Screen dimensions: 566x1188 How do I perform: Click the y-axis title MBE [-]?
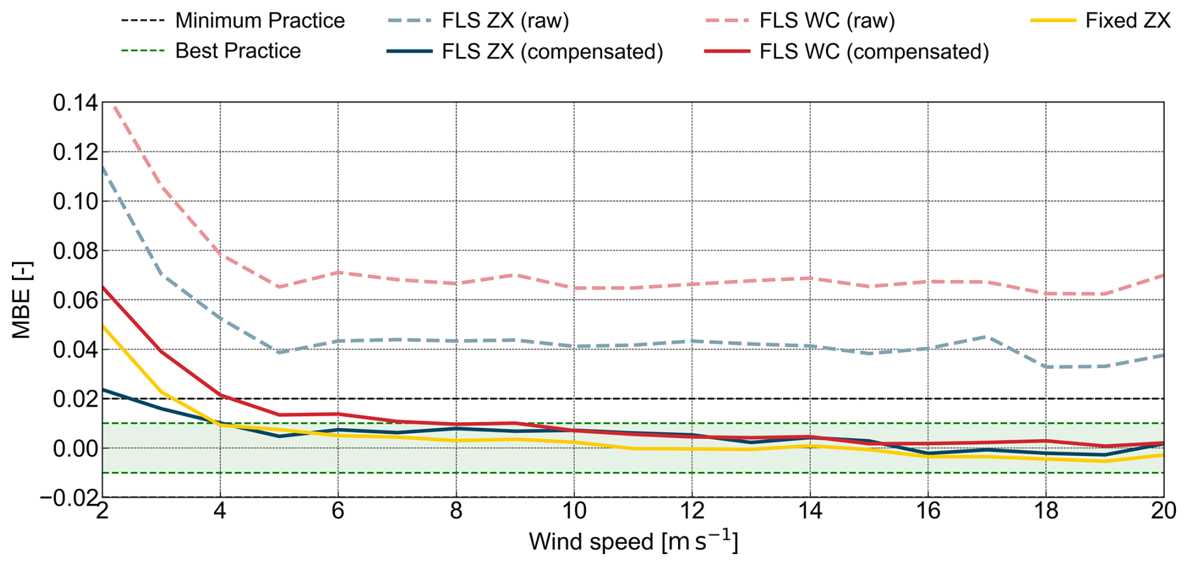pyautogui.click(x=21, y=300)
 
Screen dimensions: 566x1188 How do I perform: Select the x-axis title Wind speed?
pyautogui.click(x=633, y=542)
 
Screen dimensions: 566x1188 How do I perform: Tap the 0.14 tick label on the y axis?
pyautogui.click(x=75, y=103)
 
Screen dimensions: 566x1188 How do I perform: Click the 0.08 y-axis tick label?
pyautogui.click(x=75, y=251)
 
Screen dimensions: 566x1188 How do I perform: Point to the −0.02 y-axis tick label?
pyautogui.click(x=70, y=498)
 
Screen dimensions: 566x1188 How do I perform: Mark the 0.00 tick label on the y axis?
pyautogui.click(x=75, y=448)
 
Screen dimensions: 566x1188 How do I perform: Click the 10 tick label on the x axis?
pyautogui.click(x=574, y=511)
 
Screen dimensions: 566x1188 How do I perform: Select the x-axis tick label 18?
pyautogui.click(x=1046, y=511)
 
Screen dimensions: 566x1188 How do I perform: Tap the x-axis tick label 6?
pyautogui.click(x=338, y=511)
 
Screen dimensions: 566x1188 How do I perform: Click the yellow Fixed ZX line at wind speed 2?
pyautogui.click(x=103, y=326)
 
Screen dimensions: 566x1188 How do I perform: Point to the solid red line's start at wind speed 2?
pyautogui.click(x=103, y=287)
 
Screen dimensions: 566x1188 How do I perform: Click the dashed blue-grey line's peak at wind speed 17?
pyautogui.click(x=987, y=337)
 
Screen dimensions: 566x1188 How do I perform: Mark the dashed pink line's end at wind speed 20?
pyautogui.click(x=1162, y=275)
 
